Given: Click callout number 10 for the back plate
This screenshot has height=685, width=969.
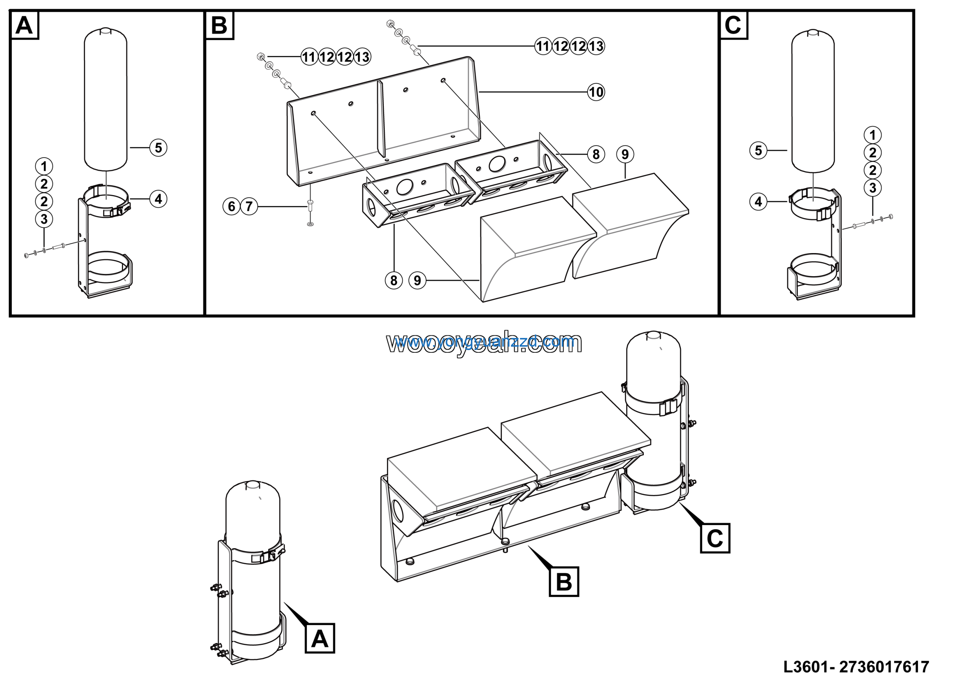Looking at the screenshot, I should tap(595, 92).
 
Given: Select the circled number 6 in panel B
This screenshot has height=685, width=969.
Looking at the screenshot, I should tap(231, 206).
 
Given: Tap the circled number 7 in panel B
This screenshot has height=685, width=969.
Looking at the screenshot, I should tap(249, 206).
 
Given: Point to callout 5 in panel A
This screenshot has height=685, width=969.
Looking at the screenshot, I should tap(158, 148).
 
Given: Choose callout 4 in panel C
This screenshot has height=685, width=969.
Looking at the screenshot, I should tap(759, 202).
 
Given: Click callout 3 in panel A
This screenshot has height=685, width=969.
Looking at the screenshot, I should tap(44, 219).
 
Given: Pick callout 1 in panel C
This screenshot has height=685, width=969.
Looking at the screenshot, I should tap(872, 135).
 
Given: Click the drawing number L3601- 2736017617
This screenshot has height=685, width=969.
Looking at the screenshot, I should tap(856, 667).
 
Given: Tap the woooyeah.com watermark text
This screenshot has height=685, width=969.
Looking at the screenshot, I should tap(484, 342).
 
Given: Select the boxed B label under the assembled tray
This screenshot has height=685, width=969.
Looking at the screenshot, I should tap(564, 582).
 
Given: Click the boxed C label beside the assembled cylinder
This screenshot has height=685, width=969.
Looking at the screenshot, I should tap(715, 538).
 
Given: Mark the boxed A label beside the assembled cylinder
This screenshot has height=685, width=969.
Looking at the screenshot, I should tap(319, 638).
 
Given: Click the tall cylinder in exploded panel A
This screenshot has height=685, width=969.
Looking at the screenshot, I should tap(106, 99).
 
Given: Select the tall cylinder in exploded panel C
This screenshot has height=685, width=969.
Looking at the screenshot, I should tap(812, 102).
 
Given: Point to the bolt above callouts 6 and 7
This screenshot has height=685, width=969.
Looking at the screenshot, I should tap(310, 205).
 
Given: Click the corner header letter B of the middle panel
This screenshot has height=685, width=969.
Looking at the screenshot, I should tap(220, 25).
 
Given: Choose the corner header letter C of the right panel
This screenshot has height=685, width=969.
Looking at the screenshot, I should tap(733, 25).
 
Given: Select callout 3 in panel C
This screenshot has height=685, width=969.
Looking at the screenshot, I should tap(872, 188).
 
